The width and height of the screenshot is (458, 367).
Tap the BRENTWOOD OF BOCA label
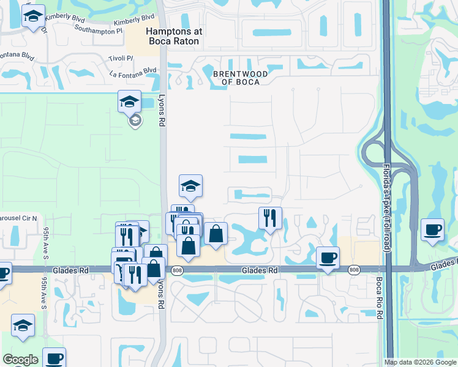pos(240,78)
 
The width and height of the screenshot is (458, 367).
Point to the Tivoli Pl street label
pos(121,58)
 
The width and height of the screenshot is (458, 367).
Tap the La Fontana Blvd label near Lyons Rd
pos(130,75)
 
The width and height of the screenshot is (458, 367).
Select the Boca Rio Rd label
pos(380,297)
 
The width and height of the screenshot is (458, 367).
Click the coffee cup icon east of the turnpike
pos(433,229)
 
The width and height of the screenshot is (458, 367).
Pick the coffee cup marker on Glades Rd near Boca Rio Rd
pos(328,258)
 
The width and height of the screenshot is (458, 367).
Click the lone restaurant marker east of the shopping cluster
pos(270,218)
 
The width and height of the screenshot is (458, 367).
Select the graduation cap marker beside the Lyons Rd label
pos(130,102)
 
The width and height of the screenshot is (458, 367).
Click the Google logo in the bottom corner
pos(20,360)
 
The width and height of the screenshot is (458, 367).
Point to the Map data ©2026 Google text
pos(420,362)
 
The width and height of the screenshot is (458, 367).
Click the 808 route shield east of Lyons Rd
pos(178,270)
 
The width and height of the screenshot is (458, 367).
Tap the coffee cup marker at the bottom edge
pos(54,358)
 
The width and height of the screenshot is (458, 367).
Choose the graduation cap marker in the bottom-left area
pos(23,325)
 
